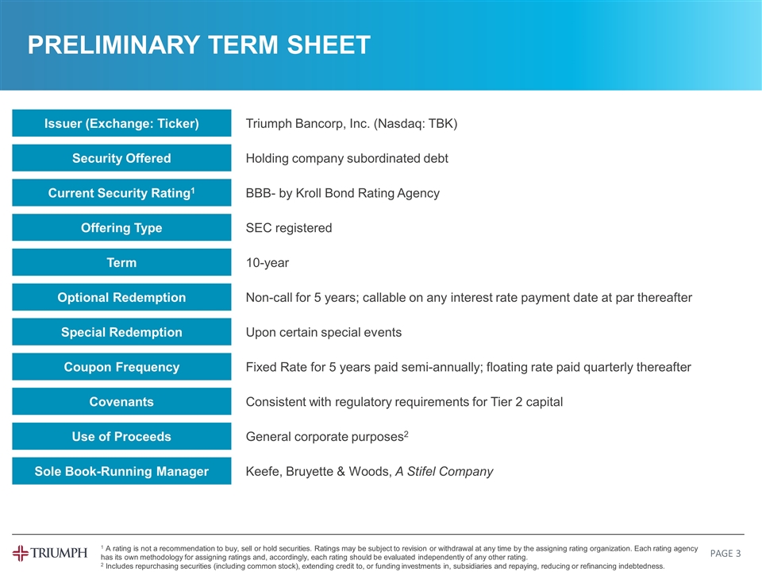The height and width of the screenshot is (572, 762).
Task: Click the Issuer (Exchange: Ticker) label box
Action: pyautogui.click(x=121, y=123)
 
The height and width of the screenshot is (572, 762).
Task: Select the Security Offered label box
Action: pyautogui.click(x=121, y=158)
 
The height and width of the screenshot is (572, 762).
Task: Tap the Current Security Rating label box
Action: pyautogui.click(x=121, y=193)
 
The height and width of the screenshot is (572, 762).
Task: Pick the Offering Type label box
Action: pyautogui.click(x=121, y=228)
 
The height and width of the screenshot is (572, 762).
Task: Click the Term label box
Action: pyautogui.click(x=121, y=263)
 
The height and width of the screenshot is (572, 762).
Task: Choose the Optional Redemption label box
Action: pyautogui.click(x=121, y=298)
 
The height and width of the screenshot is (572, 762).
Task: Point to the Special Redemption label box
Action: pyautogui.click(x=121, y=332)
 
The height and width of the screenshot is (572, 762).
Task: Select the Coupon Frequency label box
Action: pyautogui.click(x=121, y=367)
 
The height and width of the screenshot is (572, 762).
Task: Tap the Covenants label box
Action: pyautogui.click(x=121, y=402)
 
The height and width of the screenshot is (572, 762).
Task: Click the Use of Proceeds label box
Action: pyautogui.click(x=121, y=437)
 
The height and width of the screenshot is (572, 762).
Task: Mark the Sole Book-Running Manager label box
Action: pyautogui.click(x=121, y=472)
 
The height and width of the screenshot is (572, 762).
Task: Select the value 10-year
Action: pyautogui.click(x=267, y=263)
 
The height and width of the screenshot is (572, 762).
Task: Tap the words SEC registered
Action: pyautogui.click(x=289, y=229)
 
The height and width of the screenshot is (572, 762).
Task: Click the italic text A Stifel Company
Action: pyautogui.click(x=444, y=472)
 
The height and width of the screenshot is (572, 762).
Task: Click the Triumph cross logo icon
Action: pyautogui.click(x=21, y=553)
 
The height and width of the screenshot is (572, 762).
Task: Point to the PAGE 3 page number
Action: pyautogui.click(x=725, y=553)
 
